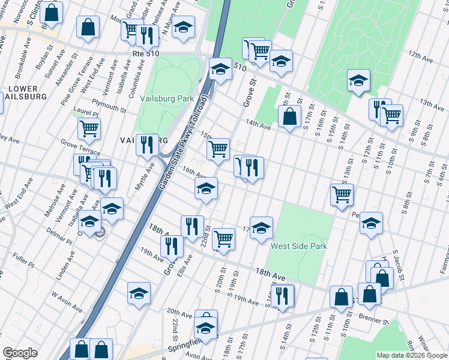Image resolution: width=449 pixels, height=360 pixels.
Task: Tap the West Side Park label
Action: point(299,246)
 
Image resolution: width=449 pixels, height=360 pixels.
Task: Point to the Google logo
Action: point(20,353)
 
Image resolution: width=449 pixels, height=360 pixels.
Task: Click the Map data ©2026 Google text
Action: point(412,355)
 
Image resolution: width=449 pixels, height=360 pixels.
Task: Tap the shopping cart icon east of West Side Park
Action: point(341,193)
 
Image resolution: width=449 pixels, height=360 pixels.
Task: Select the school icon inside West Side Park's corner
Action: point(261,227)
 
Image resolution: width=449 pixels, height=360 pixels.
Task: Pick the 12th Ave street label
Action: point(421,56)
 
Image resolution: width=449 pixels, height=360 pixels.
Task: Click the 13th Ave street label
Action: point(432,104)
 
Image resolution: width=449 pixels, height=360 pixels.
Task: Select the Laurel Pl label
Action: point(86,113)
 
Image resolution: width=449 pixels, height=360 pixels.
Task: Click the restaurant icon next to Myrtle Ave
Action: point(147,144)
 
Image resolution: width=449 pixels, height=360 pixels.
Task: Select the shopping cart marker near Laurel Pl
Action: point(89,127)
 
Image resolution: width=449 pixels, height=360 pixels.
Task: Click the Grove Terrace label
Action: point(80,145)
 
